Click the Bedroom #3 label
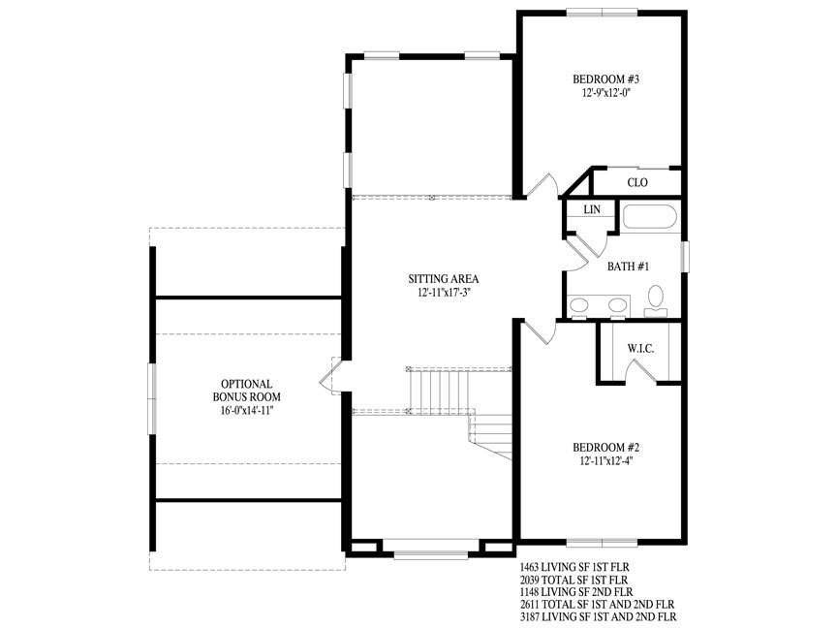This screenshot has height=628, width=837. (x=605, y=79)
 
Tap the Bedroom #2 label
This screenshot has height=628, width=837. (x=605, y=448)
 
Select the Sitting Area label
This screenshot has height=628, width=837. (x=444, y=279)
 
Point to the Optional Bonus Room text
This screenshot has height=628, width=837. (x=247, y=391)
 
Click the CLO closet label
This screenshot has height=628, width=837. (x=637, y=182)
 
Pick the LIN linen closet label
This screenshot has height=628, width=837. (x=592, y=209)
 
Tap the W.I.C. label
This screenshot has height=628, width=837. (x=640, y=349)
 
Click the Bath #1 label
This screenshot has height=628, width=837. (x=629, y=266)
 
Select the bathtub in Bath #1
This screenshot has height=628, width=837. (x=650, y=217)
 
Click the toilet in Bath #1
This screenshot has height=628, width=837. (x=656, y=301)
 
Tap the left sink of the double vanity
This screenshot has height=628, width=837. (x=578, y=305)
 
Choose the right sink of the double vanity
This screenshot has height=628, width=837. (x=618, y=305)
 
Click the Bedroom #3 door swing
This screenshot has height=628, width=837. (x=542, y=185)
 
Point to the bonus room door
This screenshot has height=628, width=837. (x=326, y=376)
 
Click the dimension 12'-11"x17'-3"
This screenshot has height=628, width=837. (x=444, y=293)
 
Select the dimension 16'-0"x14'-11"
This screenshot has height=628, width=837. (x=247, y=411)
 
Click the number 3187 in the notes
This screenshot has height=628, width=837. (x=529, y=617)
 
